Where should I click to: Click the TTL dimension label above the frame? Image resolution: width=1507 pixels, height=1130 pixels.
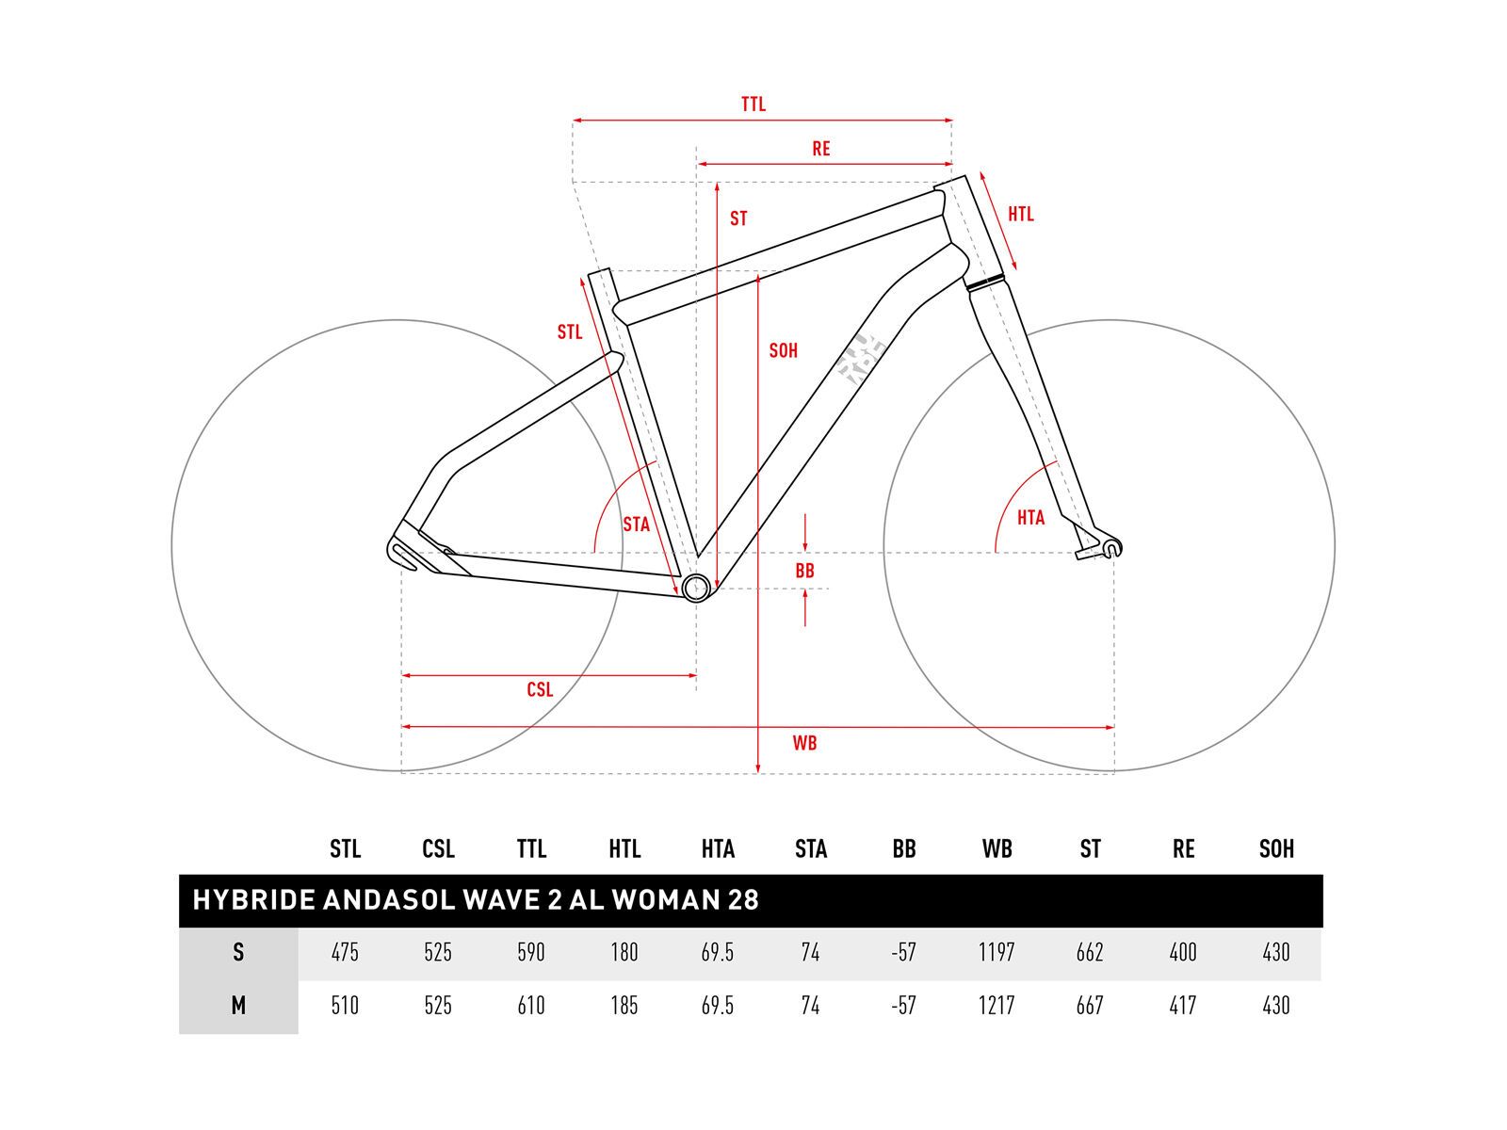[x=753, y=105]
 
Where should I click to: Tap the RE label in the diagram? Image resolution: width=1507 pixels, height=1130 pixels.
[x=821, y=149]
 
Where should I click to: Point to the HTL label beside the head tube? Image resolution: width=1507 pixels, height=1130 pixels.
[x=1021, y=215]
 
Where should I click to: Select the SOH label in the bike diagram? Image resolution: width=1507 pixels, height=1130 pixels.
[x=784, y=351]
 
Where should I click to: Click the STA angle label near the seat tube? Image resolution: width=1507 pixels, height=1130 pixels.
[x=637, y=525]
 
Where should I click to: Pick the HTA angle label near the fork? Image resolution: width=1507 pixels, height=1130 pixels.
[x=1031, y=518]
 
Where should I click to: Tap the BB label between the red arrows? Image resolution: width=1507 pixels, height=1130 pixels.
[x=805, y=571]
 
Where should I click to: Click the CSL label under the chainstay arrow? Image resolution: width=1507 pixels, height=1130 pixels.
[x=540, y=690]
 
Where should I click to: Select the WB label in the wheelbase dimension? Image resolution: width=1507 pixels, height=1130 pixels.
[x=804, y=743]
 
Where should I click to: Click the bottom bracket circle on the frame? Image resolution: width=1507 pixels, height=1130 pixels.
[x=695, y=589]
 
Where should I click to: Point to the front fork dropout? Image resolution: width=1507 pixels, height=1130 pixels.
[x=1110, y=547]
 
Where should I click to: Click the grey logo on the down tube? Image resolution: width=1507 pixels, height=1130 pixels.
[x=861, y=360]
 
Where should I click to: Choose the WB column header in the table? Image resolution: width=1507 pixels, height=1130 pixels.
[x=997, y=849]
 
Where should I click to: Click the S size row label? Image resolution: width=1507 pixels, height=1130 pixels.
[x=238, y=953]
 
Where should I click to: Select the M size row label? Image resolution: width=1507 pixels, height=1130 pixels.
[x=238, y=1006]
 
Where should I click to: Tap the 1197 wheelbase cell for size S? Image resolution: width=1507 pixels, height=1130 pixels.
[x=997, y=953]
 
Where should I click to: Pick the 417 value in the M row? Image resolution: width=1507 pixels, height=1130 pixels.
[x=1183, y=1006]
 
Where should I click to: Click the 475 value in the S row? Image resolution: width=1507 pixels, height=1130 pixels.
[x=345, y=953]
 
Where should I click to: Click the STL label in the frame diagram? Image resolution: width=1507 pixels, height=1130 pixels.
[x=570, y=332]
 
